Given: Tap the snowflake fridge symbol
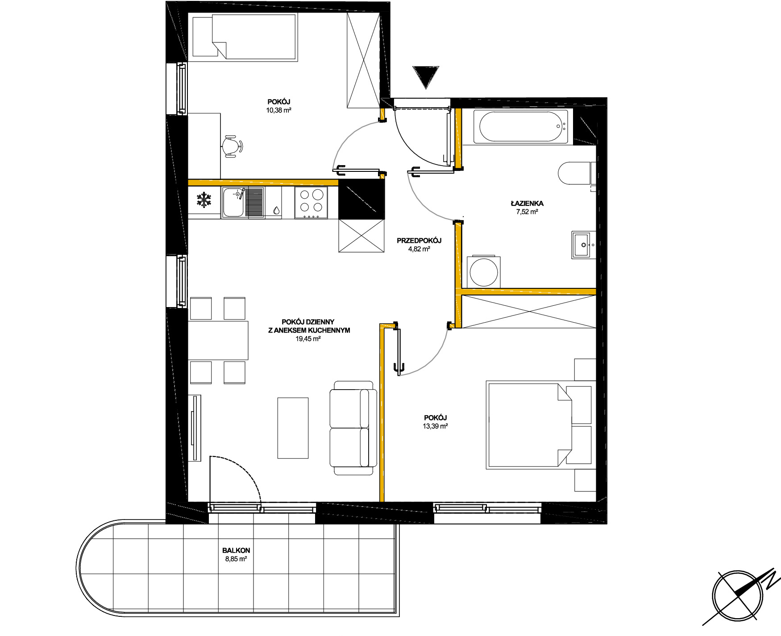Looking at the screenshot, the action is pyautogui.click(x=204, y=200).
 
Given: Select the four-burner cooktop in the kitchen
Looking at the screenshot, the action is pyautogui.click(x=311, y=203).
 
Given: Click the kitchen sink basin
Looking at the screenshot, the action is pyautogui.click(x=233, y=202).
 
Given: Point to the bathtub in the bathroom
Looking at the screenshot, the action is pyautogui.click(x=520, y=127).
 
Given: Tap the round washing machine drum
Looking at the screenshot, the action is pyautogui.click(x=484, y=273).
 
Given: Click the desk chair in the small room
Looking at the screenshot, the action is pyautogui.click(x=232, y=146).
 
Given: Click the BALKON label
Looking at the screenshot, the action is pyautogui.click(x=236, y=550).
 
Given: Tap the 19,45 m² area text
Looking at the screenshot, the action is pyautogui.click(x=308, y=339).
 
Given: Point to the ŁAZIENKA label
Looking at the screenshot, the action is pyautogui.click(x=527, y=203).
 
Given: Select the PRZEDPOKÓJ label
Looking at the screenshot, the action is pyautogui.click(x=419, y=241).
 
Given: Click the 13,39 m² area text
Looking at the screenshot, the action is pyautogui.click(x=435, y=426).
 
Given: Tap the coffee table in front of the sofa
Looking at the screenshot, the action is pyautogui.click(x=293, y=428).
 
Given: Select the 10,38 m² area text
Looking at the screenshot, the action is pyautogui.click(x=279, y=110).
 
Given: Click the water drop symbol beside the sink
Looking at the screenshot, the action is pyautogui.click(x=276, y=210).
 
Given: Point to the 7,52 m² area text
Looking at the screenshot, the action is pyautogui.click(x=527, y=212).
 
